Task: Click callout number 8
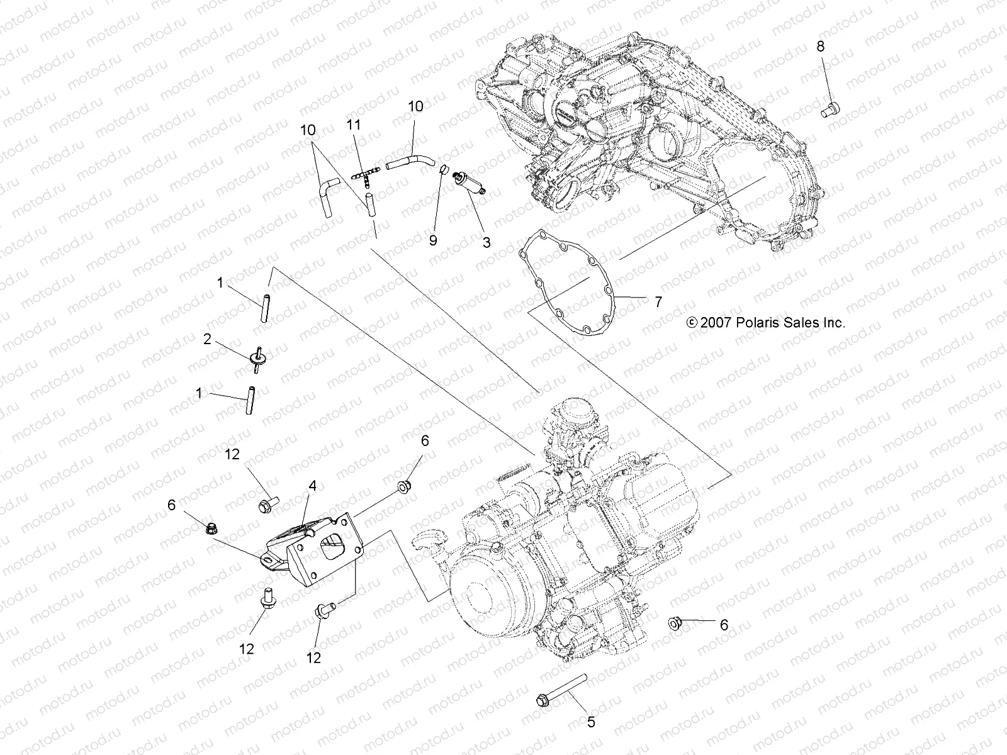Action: click(x=820, y=46)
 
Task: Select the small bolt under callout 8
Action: click(x=831, y=109)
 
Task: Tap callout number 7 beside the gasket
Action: click(x=658, y=303)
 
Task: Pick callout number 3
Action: click(x=486, y=242)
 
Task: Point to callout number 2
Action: click(x=207, y=339)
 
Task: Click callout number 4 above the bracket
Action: click(x=312, y=485)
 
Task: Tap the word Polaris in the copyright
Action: click(x=759, y=323)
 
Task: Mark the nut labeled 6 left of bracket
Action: click(x=212, y=529)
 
